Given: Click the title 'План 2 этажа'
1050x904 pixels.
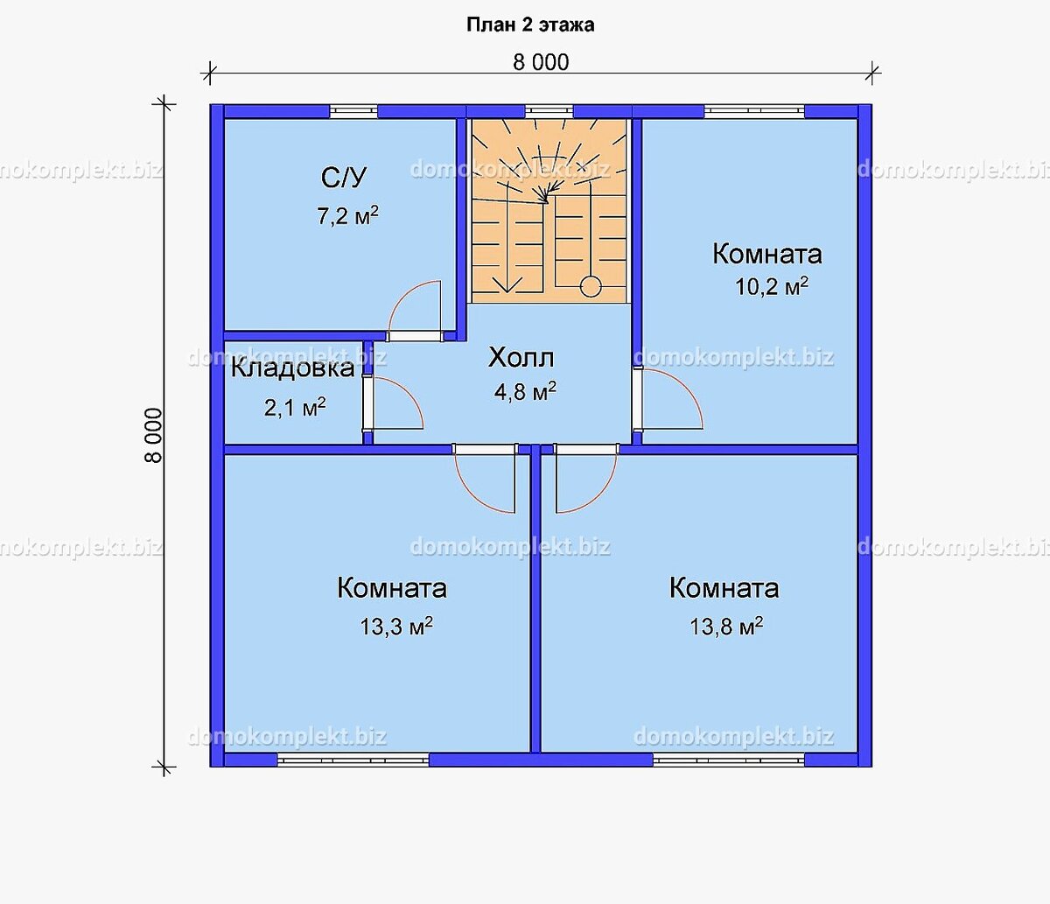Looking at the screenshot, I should coord(530,25).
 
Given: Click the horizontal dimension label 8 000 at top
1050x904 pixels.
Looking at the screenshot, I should coord(540,62).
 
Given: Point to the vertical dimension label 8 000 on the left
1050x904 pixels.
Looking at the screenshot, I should coord(153,435).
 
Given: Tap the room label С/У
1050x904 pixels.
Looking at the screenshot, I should coord(344,178).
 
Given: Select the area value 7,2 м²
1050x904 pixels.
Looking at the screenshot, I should coord(347,216).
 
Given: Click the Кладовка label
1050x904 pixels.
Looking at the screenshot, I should coord(292,368).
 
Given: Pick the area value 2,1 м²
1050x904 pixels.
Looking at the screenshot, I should coord(295,407).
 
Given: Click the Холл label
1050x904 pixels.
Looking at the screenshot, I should coord(521,357).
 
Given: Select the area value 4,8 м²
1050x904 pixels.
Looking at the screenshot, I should coord(525,391).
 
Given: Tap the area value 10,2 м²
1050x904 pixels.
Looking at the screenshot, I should coord(771,287).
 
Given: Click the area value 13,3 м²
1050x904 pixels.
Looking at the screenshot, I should coord(396,627).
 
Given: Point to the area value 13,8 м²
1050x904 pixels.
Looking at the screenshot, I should coord(726,627).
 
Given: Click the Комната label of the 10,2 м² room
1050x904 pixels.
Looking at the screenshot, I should coord(766,254).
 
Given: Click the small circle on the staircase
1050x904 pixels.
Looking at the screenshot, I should coord(591,287).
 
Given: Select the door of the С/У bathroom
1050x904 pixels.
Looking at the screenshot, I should coord(416,311).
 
